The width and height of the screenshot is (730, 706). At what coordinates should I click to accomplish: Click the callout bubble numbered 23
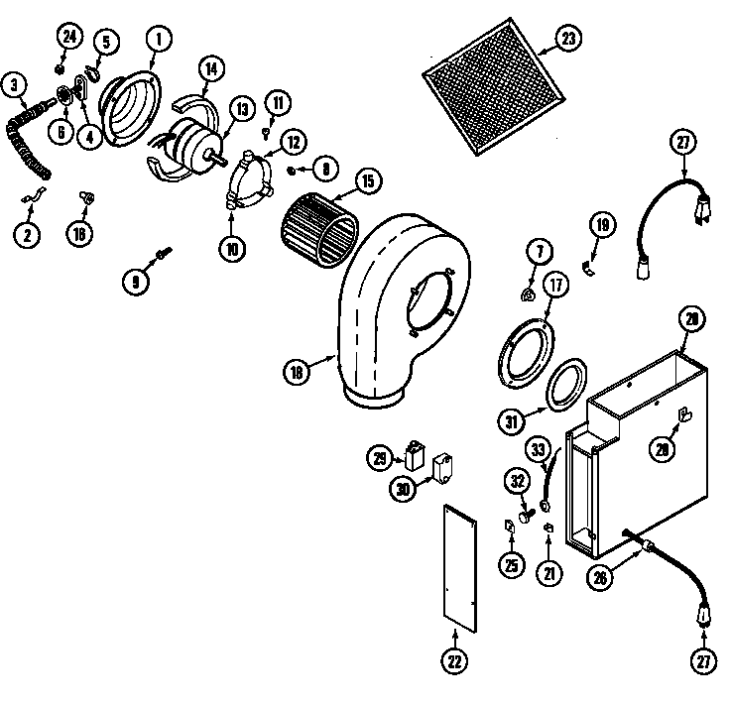[x=567, y=40]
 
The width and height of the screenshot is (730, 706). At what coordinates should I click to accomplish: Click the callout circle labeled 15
[x=367, y=181]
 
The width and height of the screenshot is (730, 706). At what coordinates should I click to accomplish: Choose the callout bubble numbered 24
[x=68, y=37]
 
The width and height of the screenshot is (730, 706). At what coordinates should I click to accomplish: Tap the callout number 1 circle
[x=157, y=40]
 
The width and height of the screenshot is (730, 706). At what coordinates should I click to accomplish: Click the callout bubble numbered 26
[x=598, y=579]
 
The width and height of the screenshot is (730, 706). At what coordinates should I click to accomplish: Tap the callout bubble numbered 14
[x=211, y=69]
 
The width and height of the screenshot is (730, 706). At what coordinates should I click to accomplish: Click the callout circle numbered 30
[x=404, y=488]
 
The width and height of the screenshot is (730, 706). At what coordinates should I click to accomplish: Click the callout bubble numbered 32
[x=516, y=480]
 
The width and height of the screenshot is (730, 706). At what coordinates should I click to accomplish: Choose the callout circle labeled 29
[x=380, y=458]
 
